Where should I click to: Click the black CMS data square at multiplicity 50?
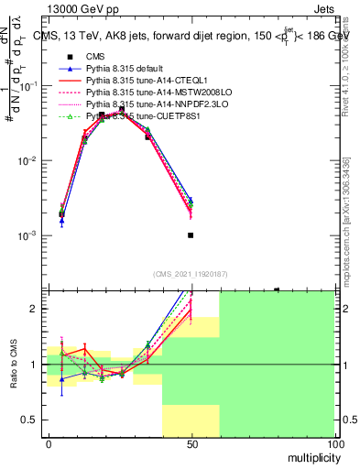[191, 235]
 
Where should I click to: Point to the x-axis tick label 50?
[191, 444]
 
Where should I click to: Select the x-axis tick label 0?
[48, 444]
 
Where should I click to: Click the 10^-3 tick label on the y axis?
[27, 235]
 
